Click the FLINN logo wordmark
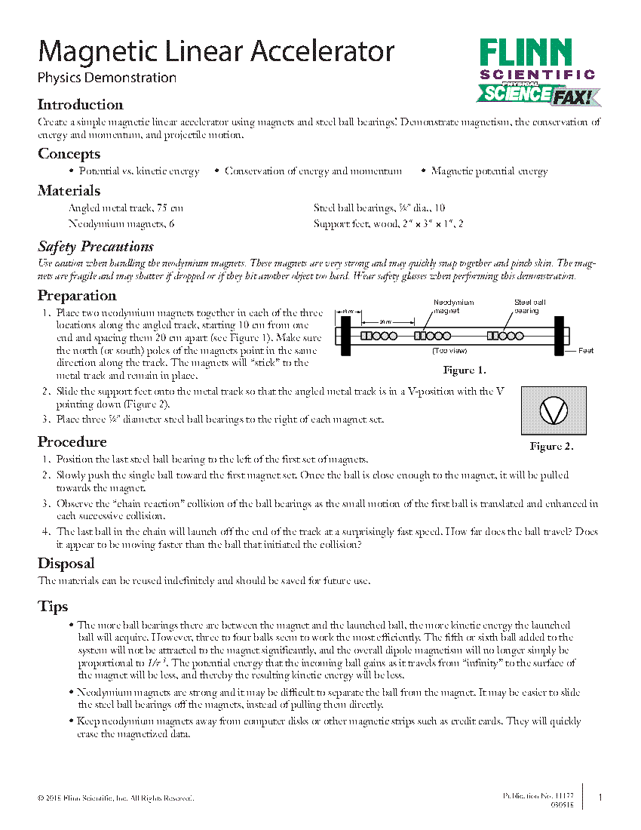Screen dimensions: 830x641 (526, 53)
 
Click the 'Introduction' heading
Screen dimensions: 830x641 (80, 105)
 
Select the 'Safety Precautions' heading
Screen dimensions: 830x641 (95, 247)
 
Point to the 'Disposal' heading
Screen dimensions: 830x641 (66, 564)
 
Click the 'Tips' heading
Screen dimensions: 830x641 (53, 607)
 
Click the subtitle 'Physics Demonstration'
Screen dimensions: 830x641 (107, 78)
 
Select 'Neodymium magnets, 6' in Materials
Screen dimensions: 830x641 (121, 224)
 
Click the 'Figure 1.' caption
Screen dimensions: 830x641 (464, 370)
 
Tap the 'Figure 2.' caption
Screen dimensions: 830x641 (551, 446)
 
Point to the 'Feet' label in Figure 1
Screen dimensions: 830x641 (586, 351)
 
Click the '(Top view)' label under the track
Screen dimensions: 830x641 (450, 351)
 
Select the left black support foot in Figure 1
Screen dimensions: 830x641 (345, 336)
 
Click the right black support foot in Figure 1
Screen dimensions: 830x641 (560, 336)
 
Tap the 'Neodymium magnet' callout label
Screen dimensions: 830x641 (453, 306)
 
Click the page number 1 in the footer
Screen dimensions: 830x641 (600, 798)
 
